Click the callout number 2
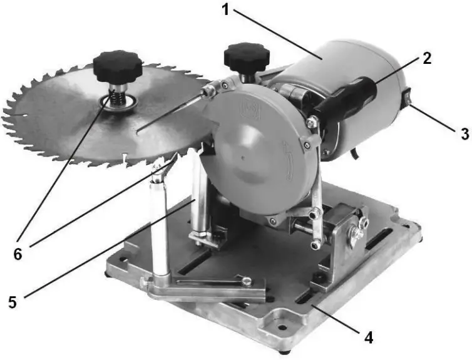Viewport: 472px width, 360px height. coord(426,59)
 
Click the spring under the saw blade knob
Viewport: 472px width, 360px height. coord(115,97)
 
